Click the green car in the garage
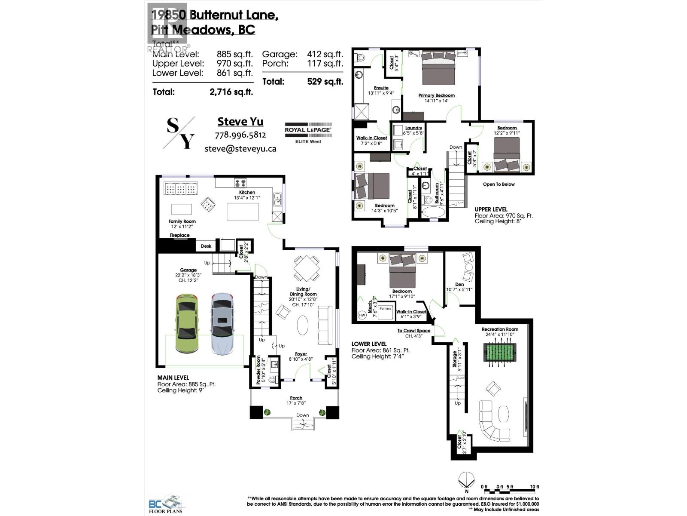point(187,323)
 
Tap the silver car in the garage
point(222,323)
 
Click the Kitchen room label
point(247,192)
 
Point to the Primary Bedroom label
point(436,95)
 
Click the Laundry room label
point(413,128)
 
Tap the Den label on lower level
point(459,284)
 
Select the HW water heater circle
point(362,315)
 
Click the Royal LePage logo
point(308,132)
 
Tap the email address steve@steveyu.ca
point(240,149)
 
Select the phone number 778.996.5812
point(240,135)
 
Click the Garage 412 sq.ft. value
point(325,54)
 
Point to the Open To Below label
point(499,184)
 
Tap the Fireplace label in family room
point(179,235)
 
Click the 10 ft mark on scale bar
point(534,487)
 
